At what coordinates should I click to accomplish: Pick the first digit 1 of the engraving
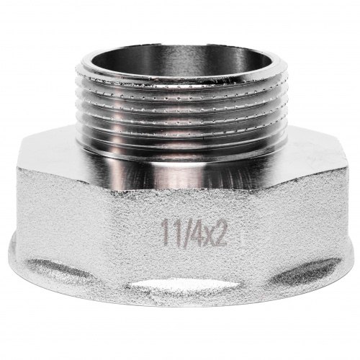(x=165, y=233)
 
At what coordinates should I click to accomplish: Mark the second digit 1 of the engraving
(x=173, y=233)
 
